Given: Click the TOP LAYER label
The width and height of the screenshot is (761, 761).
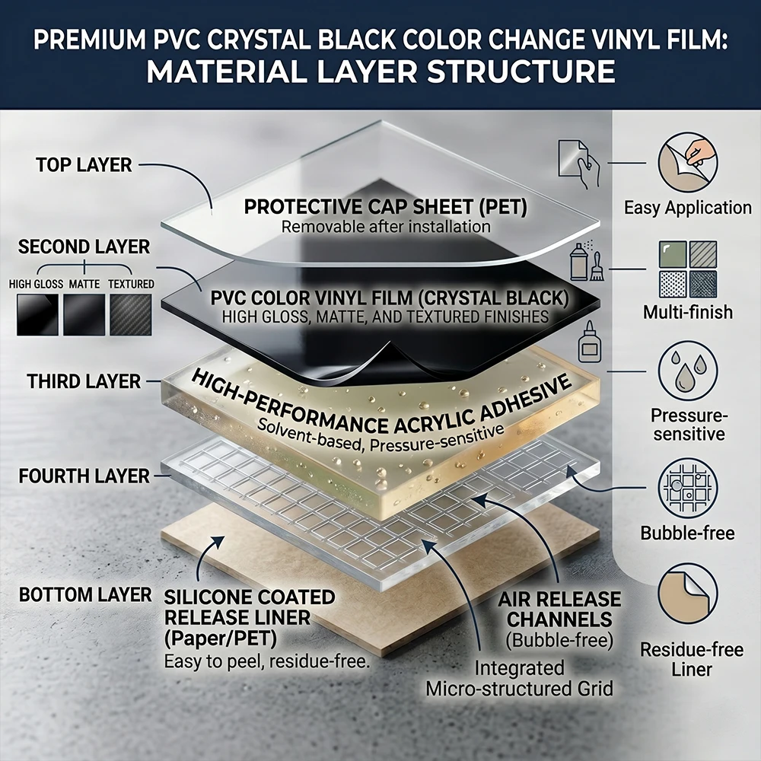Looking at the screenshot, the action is click(x=84, y=165).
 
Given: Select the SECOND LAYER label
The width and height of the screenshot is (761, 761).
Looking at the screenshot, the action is click(x=84, y=247).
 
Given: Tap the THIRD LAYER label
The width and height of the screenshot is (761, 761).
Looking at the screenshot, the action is click(x=84, y=381).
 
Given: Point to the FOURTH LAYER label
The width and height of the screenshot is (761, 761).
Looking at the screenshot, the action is click(x=84, y=476).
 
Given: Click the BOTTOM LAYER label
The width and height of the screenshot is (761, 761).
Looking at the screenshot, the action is click(x=85, y=595).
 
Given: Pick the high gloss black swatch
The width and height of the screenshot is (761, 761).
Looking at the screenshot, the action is click(x=37, y=314).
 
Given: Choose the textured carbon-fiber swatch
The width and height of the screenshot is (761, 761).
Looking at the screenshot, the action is click(x=131, y=314).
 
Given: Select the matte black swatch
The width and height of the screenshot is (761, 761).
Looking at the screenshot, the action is click(x=84, y=314).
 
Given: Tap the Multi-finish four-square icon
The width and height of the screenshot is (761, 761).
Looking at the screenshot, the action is click(x=688, y=270).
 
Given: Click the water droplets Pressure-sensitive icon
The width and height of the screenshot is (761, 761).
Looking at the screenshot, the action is click(x=688, y=371).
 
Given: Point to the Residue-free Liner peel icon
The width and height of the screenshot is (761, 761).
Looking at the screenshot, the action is click(x=688, y=594).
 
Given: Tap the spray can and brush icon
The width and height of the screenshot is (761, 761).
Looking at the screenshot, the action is click(x=587, y=262).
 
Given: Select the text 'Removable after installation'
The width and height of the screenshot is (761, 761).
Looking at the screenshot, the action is click(x=386, y=227).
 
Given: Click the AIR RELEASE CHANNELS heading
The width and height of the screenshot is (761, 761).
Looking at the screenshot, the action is click(x=559, y=609).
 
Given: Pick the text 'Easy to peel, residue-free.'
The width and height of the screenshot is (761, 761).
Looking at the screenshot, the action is click(x=267, y=661).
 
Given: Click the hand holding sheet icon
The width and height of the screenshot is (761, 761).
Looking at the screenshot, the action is click(x=579, y=164).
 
